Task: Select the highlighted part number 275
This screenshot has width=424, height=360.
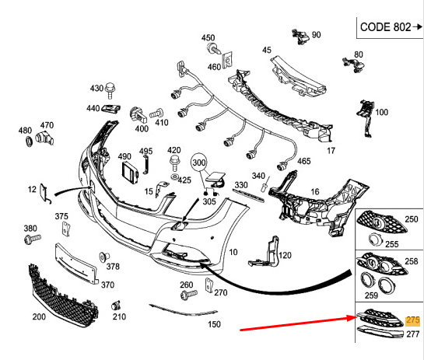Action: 412,320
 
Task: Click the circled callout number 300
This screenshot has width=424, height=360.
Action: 200,164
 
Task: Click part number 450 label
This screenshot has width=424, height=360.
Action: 208,38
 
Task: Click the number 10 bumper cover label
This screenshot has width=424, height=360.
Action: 233,253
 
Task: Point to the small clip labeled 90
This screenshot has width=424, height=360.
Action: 299,35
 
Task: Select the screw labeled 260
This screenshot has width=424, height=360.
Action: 187,295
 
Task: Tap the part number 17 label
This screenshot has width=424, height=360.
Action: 330,151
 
